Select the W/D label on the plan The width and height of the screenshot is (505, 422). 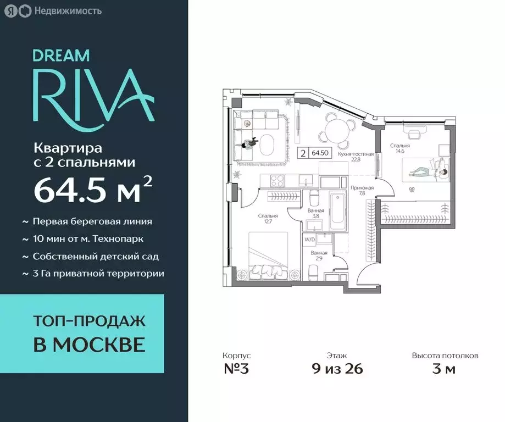309,239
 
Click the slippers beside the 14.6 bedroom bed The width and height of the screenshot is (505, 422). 412,190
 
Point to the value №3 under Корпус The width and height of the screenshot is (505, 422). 236,369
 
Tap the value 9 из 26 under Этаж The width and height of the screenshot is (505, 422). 336,369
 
